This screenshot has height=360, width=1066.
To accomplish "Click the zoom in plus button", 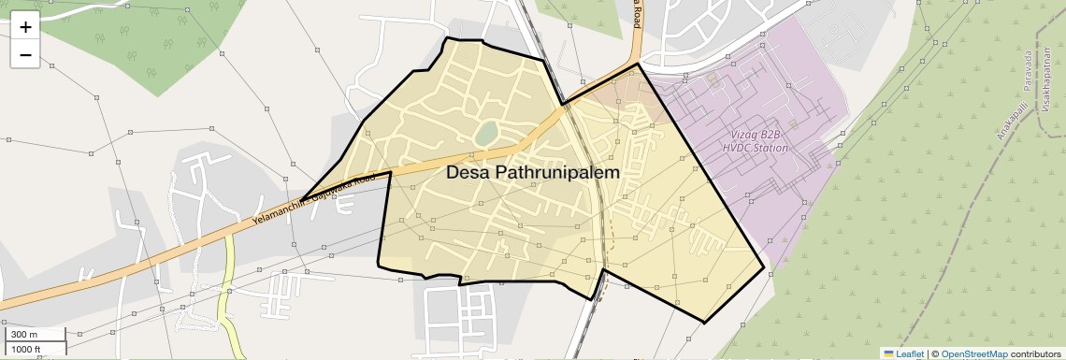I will click(25, 26).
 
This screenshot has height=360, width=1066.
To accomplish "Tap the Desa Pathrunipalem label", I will click(532, 173).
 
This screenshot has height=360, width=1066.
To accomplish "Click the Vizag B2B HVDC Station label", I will click(756, 142).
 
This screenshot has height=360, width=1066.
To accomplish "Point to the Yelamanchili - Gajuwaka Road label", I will click(313, 198).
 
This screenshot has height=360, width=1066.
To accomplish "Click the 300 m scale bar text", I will click(25, 334).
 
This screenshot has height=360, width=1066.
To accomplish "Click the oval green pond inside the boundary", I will click(485, 135).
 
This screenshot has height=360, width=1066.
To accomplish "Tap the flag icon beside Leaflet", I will click(888, 353).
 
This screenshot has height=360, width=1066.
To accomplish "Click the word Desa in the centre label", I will click(467, 173).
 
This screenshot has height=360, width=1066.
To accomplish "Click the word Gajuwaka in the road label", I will click(334, 190).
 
